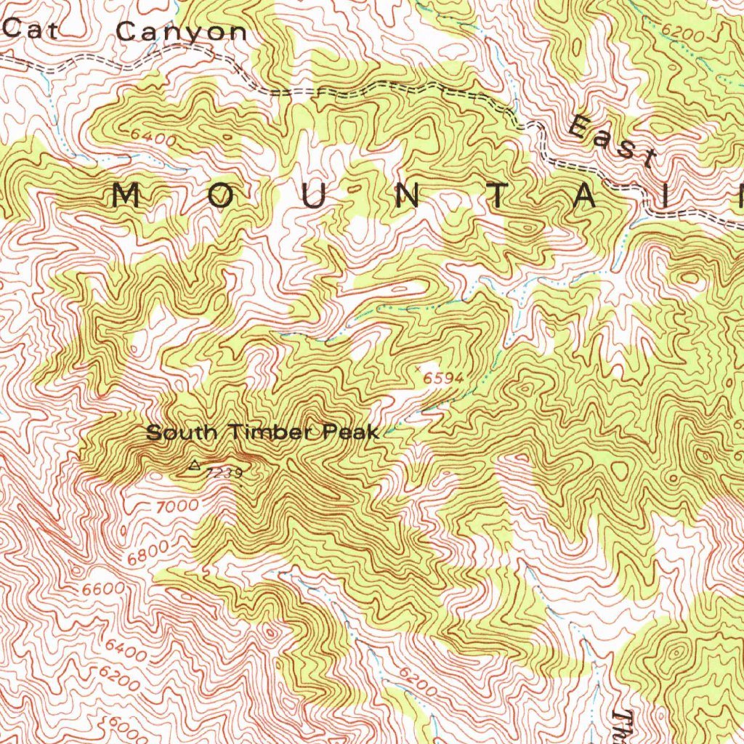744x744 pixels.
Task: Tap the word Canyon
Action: (182, 32)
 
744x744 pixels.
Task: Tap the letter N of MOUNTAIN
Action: (411, 197)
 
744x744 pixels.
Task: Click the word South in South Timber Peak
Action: (182, 433)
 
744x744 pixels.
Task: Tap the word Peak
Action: (352, 433)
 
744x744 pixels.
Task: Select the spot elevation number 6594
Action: (443, 377)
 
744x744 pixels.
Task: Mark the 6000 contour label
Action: (123, 727)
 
